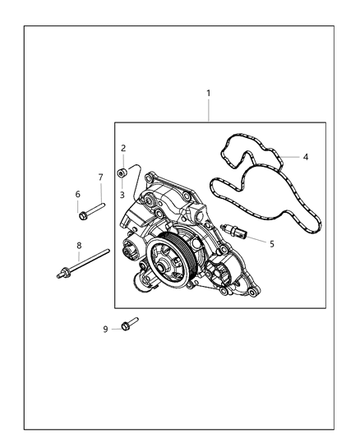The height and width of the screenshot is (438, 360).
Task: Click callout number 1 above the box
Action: (208, 93)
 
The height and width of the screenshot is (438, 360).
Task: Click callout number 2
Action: (123, 148)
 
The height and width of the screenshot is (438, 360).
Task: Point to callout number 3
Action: (123, 195)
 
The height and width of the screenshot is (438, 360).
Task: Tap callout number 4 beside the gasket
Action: (305, 156)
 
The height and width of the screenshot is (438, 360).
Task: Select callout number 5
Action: (272, 243)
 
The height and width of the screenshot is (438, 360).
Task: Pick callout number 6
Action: (78, 195)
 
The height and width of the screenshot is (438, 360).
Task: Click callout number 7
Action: (101, 178)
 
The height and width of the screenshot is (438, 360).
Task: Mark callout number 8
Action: (79, 245)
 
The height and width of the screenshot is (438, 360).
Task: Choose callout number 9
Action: (106, 329)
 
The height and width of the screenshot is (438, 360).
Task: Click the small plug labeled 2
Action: (122, 172)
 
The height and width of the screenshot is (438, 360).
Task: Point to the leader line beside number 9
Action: (115, 329)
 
